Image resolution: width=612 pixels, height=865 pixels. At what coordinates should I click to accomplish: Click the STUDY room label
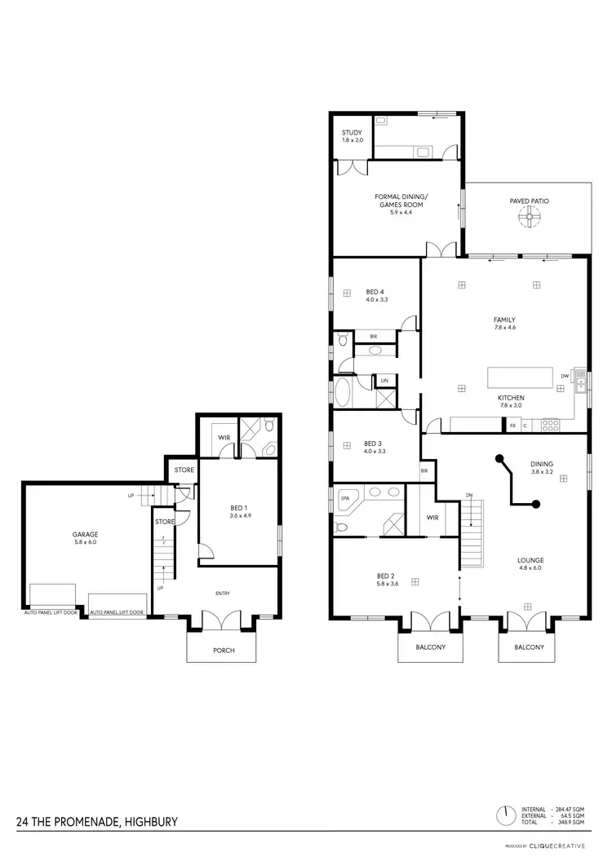(x=352, y=133)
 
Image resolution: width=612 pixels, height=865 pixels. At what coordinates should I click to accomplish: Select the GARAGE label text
(x=85, y=535)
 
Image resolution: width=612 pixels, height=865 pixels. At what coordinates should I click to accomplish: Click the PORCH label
(x=224, y=651)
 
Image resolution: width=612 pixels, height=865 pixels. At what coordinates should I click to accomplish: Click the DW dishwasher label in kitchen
(x=565, y=376)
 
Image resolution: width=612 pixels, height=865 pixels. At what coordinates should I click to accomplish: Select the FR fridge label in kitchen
(x=512, y=426)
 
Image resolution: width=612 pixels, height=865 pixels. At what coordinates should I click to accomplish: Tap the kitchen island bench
(x=521, y=378)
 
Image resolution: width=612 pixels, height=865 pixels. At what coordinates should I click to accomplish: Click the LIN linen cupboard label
(x=383, y=381)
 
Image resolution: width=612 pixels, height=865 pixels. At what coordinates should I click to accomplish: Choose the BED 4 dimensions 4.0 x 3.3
(x=375, y=299)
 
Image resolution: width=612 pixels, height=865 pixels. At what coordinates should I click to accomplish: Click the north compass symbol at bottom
(x=505, y=814)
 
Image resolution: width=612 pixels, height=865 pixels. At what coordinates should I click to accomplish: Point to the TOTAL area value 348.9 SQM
(x=569, y=822)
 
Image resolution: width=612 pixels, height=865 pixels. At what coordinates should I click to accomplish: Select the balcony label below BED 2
(x=429, y=647)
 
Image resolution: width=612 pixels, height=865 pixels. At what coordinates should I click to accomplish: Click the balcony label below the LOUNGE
(x=530, y=647)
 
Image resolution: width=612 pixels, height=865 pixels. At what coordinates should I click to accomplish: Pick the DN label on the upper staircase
(x=469, y=495)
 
